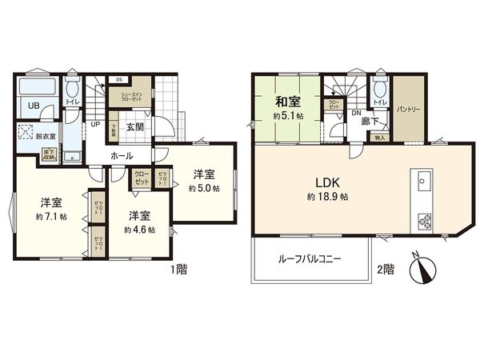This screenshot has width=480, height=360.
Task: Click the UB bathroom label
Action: (34, 106)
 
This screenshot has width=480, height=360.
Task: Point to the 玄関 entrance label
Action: (134, 126)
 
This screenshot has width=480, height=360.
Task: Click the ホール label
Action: (122, 155)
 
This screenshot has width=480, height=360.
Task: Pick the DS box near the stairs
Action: (120, 79)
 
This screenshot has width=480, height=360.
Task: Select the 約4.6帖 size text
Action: (139, 229)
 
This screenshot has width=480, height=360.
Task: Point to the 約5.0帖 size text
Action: (204, 189)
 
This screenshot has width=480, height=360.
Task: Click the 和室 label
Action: (289, 102)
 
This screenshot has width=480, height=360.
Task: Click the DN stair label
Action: (357, 113)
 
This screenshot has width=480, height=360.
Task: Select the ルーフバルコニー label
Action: (310, 258)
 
